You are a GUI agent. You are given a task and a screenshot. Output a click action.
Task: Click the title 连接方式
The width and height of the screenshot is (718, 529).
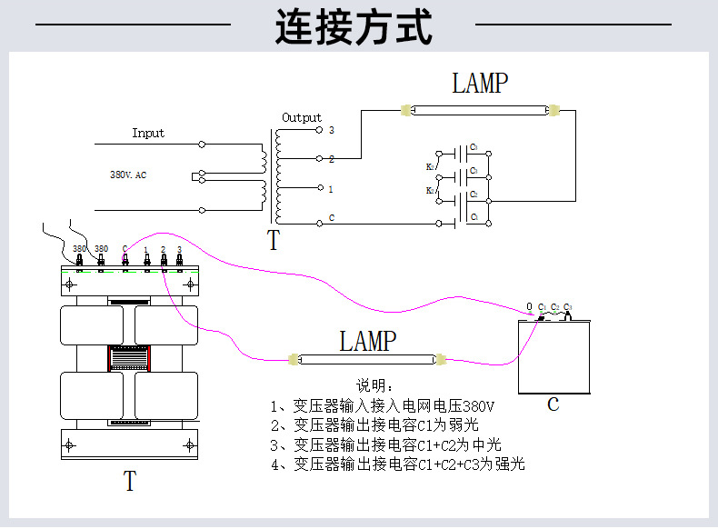coord(354,28)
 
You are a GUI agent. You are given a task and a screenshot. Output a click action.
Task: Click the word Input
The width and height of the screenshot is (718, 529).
coord(148,133)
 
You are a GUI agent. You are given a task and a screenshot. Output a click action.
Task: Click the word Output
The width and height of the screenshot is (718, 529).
coord(302,117)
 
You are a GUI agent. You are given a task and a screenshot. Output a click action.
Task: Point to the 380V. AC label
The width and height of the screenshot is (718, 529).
coord(128,174)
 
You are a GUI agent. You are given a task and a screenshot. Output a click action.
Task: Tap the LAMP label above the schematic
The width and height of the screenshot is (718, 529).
coord(480,84)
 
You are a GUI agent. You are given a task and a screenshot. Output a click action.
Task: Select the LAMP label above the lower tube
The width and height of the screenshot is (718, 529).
coord(368,342)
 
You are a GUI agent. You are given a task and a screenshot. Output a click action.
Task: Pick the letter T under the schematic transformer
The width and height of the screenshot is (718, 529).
coord(274,241)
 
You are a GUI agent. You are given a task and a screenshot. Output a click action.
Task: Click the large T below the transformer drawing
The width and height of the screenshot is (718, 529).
coord(130,481)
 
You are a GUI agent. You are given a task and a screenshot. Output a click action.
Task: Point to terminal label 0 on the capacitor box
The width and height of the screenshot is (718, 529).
coord(530,306)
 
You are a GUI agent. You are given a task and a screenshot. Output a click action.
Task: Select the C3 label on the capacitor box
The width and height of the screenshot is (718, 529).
coord(568,306)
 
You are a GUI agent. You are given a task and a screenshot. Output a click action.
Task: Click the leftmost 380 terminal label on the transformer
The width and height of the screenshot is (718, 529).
coord(79,249)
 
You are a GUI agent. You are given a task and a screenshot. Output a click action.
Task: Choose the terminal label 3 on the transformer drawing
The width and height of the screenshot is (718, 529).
coord(179,249)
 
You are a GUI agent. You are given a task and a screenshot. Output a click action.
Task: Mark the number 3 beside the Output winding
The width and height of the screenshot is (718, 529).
coord(332,130)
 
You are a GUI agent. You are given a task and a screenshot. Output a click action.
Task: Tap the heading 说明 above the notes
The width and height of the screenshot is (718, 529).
coord(374,385)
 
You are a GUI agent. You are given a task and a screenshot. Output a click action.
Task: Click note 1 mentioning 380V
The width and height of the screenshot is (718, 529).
coord(382,404)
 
